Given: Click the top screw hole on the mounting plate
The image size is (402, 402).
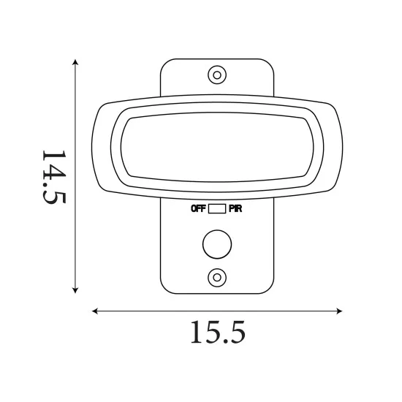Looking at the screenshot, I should [x=216, y=75].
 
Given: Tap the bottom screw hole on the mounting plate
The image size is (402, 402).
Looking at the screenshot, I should [x=216, y=276].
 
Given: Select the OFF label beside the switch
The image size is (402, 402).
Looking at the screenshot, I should [x=197, y=209].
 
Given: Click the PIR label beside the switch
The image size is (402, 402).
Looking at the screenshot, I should [x=235, y=209].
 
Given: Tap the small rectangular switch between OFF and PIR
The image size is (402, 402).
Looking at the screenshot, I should [x=216, y=209].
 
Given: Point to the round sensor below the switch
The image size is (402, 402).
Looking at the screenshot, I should [x=216, y=245].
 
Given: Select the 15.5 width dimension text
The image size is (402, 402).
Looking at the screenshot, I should [x=217, y=333].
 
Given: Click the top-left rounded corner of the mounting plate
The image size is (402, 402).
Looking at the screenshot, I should [x=164, y=63].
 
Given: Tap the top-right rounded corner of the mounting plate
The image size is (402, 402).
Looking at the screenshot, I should [x=270, y=63].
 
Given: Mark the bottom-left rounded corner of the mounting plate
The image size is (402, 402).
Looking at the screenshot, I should [x=164, y=288].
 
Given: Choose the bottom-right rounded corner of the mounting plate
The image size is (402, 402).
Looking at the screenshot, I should [x=270, y=288].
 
